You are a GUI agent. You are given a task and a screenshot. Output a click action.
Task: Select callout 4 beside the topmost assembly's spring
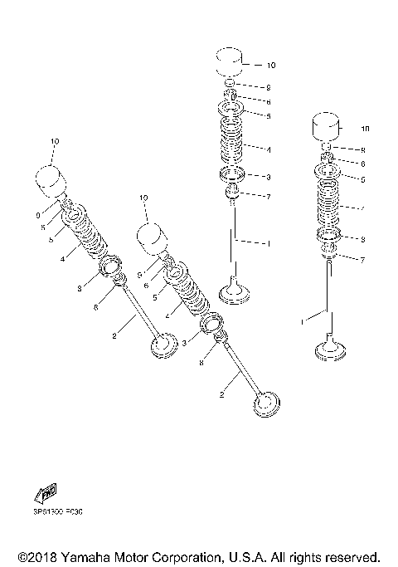pyautogui.click(x=268, y=149)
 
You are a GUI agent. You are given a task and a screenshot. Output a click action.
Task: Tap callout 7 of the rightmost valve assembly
pyautogui.click(x=362, y=259)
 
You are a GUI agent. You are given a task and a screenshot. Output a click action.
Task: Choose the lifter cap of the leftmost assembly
pyautogui.click(x=52, y=179)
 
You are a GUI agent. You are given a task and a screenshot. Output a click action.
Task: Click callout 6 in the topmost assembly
pyautogui.click(x=268, y=101)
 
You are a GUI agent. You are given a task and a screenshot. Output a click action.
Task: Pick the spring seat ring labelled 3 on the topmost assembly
pyautogui.click(x=233, y=175)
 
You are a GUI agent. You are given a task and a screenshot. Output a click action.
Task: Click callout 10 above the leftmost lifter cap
pyautogui.click(x=55, y=143)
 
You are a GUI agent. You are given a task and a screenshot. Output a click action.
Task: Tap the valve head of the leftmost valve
pyautogui.click(x=165, y=346)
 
